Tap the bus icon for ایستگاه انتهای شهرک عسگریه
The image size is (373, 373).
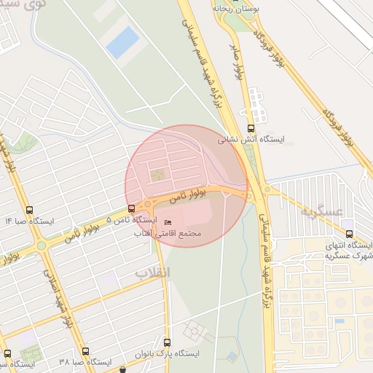pos(350,235)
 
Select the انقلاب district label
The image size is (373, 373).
pos(152,271)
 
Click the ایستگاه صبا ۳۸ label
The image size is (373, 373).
pos(85,361)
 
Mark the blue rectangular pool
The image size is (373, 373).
pos(122,42)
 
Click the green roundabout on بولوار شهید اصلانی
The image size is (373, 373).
pos(41,246)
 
